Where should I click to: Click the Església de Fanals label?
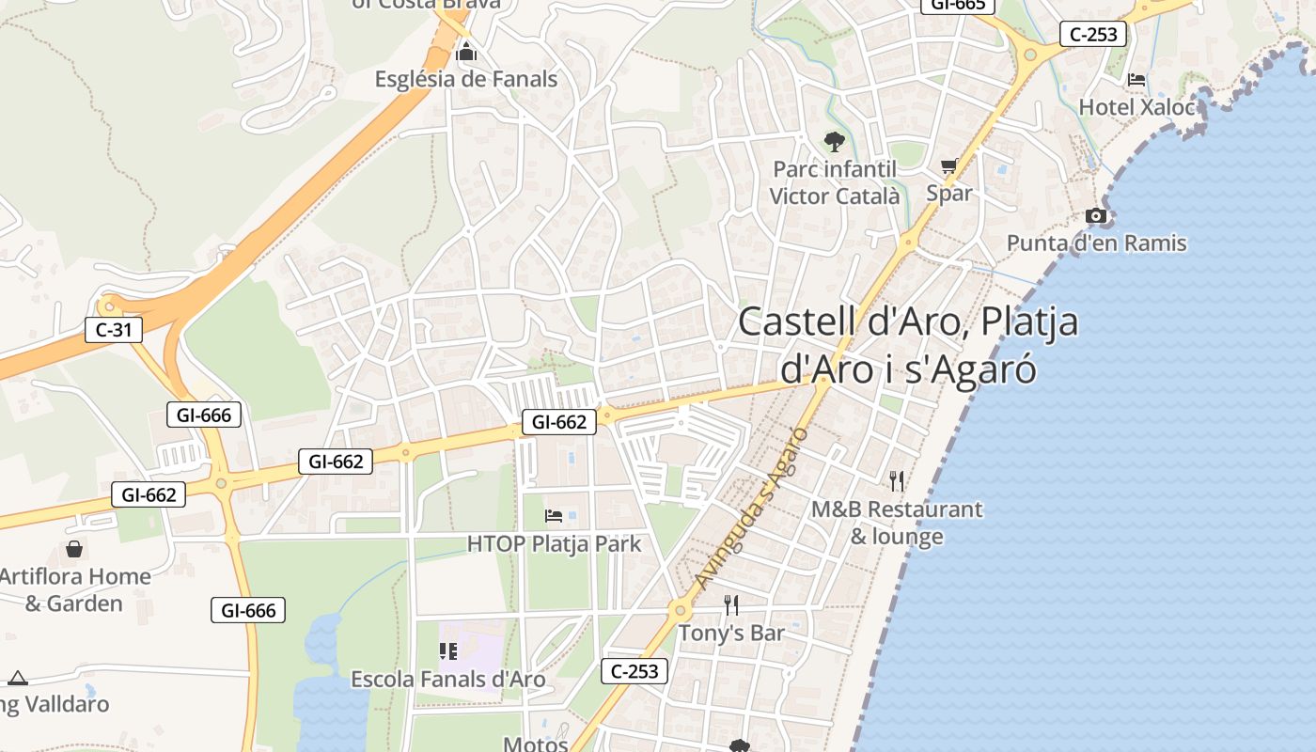(466, 79)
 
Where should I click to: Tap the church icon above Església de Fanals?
(466, 53)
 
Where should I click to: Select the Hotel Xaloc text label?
(1136, 107)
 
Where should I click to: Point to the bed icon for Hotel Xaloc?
(1136, 80)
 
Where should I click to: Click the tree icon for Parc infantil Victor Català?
(834, 142)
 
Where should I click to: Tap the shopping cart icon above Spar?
(949, 166)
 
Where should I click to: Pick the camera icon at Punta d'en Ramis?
(1096, 216)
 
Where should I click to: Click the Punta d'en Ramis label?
(1096, 243)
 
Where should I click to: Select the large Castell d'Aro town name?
(908, 345)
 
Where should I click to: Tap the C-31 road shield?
(114, 330)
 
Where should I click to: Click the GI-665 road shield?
(958, 5)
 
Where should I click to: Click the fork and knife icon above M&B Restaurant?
(897, 481)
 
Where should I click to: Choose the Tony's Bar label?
(731, 634)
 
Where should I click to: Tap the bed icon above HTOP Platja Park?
(554, 516)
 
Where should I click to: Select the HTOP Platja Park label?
(554, 543)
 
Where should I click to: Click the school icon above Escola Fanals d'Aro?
(447, 650)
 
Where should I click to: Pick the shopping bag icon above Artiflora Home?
(74, 549)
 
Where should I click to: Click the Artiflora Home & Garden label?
(74, 589)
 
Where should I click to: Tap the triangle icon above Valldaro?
(18, 678)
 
